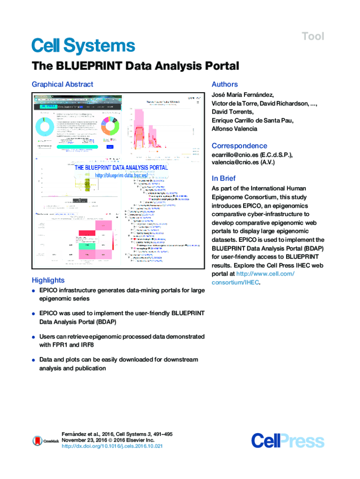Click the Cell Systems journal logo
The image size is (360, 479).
pyautogui.click(x=83, y=46)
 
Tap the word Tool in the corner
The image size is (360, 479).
pyautogui.click(x=313, y=36)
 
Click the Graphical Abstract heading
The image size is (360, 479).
pyautogui.click(x=62, y=84)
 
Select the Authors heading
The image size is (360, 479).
pyautogui.click(x=224, y=84)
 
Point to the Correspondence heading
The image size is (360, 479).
pyautogui.click(x=239, y=145)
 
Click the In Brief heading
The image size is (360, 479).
pyautogui.click(x=223, y=178)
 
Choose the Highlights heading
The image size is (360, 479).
pyautogui.click(x=48, y=280)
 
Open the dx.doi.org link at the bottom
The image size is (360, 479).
pyautogui.click(x=112, y=446)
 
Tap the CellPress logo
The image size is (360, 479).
pyautogui.click(x=287, y=441)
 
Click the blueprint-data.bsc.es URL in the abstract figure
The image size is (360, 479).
pyautogui.click(x=121, y=175)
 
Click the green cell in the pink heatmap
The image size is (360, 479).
pyautogui.click(x=86, y=246)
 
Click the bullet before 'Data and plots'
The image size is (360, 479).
pyautogui.click(x=34, y=360)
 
